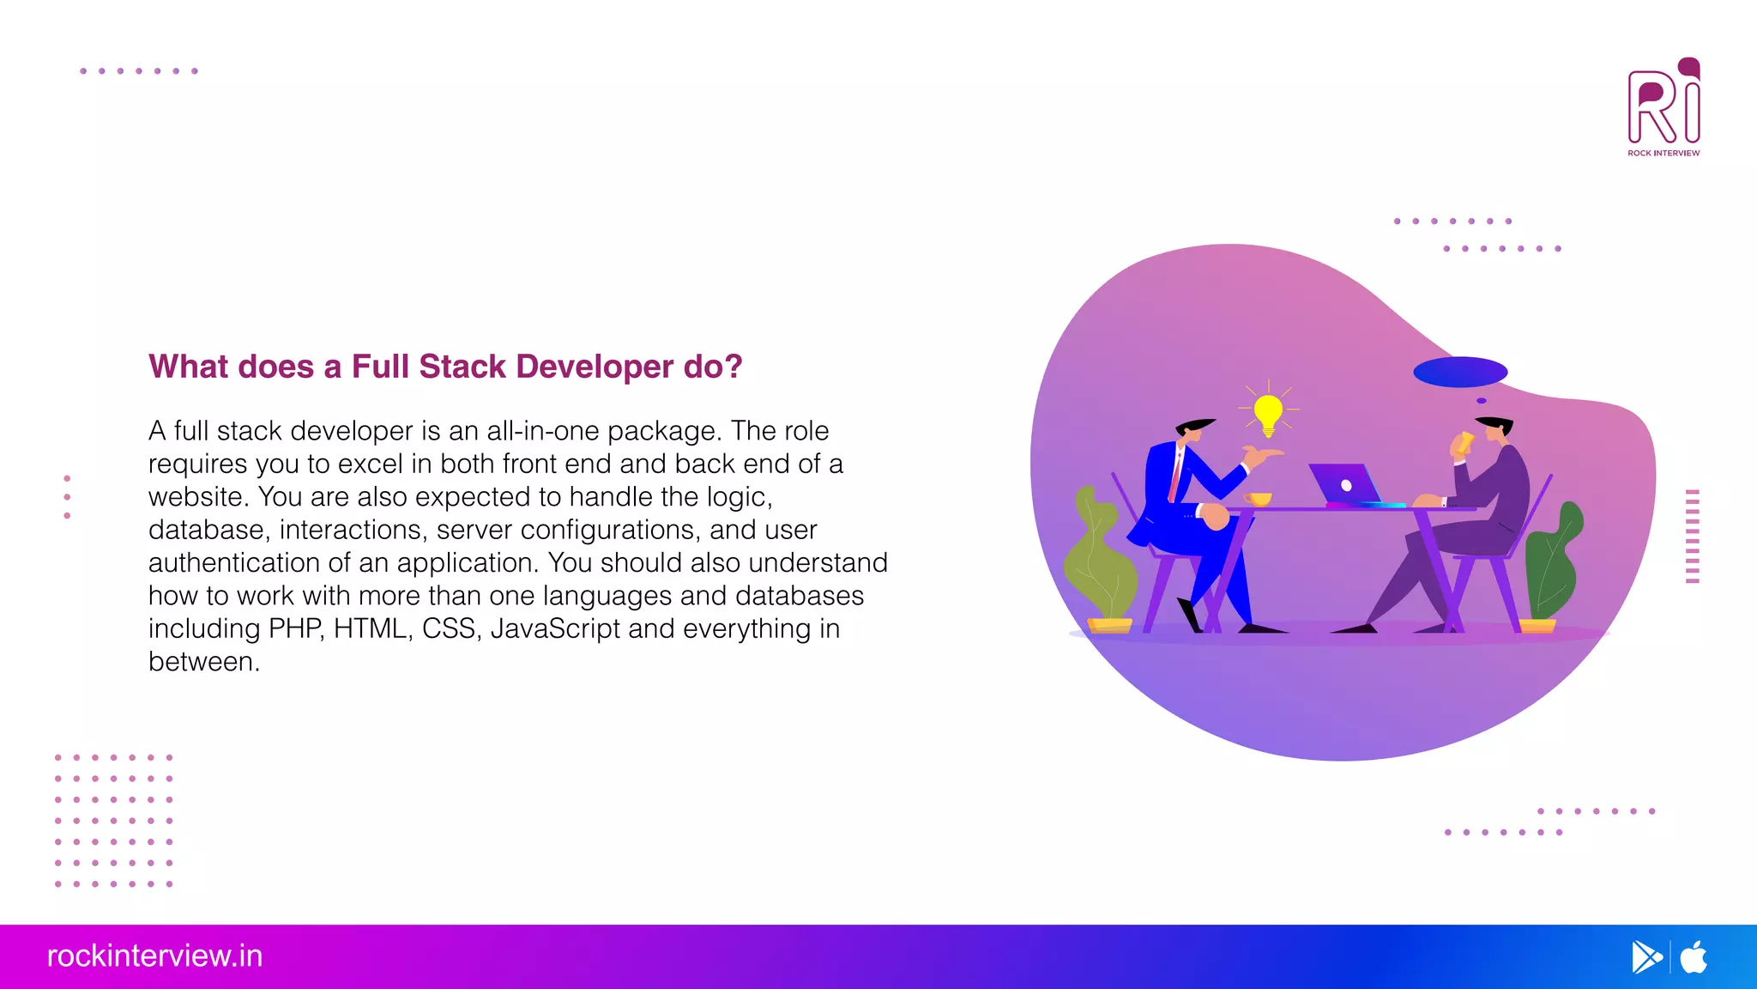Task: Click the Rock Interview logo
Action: pos(1663,107)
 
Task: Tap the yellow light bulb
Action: pos(1268,413)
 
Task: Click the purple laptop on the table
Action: pos(1343,484)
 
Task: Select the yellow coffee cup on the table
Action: pos(1259,500)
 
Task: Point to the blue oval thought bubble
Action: pos(1459,372)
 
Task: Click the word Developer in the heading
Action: pos(595,367)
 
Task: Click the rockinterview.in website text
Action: pos(154,956)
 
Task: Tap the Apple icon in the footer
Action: pos(1694,956)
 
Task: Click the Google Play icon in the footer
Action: pos(1645,956)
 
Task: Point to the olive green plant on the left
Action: pos(1098,558)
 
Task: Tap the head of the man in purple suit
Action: pos(1496,428)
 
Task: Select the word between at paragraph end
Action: pos(202,662)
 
